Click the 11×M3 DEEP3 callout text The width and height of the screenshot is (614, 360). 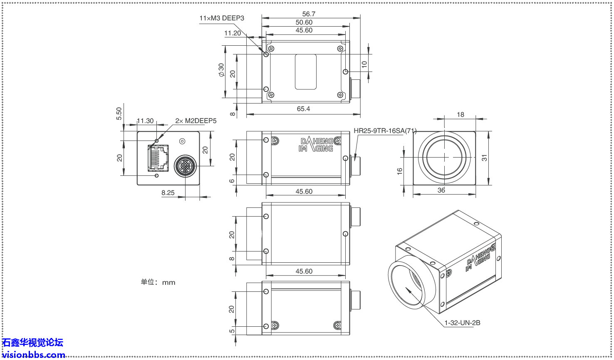(x=222, y=18)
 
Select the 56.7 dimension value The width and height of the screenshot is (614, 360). (x=309, y=14)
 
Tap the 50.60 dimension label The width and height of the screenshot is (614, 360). (x=304, y=22)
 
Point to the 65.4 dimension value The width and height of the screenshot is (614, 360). (x=303, y=109)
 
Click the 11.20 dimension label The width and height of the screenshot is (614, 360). (x=233, y=33)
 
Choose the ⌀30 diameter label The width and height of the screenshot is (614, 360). (x=221, y=70)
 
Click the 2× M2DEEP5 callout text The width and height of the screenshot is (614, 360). (x=196, y=121)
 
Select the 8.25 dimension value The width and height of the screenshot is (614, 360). (x=168, y=193)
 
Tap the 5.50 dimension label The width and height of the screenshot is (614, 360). (x=119, y=113)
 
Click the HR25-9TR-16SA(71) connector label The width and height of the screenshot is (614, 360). (x=385, y=131)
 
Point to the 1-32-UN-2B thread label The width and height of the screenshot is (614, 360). (x=462, y=323)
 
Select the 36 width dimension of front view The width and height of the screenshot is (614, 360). (x=441, y=190)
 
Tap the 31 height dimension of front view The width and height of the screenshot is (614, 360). (x=484, y=158)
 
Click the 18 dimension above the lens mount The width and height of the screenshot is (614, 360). (x=460, y=115)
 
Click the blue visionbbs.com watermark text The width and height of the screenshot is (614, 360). (x=33, y=355)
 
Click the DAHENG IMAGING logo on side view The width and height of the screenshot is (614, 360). (x=316, y=145)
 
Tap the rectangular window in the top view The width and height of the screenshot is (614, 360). (x=306, y=72)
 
